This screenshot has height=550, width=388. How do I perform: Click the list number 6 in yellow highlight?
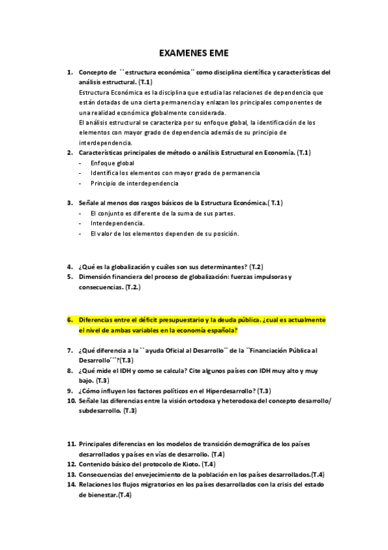pyautogui.click(x=70, y=320)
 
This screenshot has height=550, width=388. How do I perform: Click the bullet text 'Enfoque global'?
pyautogui.click(x=108, y=163)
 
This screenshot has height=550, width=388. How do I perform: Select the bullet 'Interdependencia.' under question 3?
pyautogui.click(x=117, y=223)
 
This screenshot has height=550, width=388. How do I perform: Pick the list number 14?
pyautogui.click(x=71, y=484)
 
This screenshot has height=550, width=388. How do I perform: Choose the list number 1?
pyautogui.click(x=70, y=73)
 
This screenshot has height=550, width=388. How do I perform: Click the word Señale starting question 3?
pyautogui.click(x=89, y=203)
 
